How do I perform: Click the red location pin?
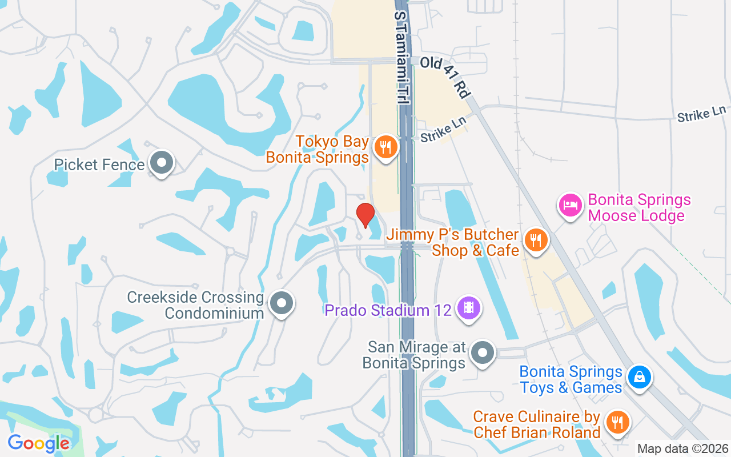[365, 215]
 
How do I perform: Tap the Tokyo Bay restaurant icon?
[386, 147]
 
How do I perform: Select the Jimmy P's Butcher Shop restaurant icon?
[535, 240]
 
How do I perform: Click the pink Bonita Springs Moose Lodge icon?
[571, 205]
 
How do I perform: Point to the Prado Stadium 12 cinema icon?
[469, 308]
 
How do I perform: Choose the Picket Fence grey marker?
[162, 163]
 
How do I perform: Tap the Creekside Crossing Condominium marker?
[281, 303]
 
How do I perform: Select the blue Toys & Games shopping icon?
[639, 377]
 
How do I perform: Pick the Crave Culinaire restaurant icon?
[617, 423]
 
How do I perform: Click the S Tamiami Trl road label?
[401, 57]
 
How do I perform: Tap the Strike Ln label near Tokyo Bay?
[443, 130]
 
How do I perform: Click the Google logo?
[38, 443]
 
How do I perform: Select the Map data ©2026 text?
[682, 448]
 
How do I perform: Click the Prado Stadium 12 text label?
[388, 311]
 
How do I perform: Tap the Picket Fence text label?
[99, 165]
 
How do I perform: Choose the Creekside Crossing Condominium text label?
[195, 305]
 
